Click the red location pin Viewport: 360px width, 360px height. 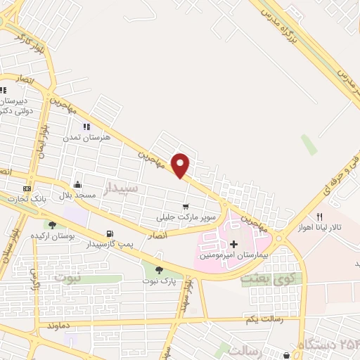click(x=181, y=165)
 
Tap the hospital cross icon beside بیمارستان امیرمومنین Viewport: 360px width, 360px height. click(x=233, y=243)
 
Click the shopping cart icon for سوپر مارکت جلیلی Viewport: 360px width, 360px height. click(x=186, y=207)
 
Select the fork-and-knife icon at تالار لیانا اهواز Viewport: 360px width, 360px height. click(x=319, y=217)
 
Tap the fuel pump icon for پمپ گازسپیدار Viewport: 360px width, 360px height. click(x=109, y=234)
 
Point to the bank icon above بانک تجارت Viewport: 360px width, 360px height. click(x=27, y=188)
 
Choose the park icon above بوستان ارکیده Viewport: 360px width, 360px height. click(x=51, y=224)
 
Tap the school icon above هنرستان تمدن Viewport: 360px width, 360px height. click(x=86, y=127)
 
